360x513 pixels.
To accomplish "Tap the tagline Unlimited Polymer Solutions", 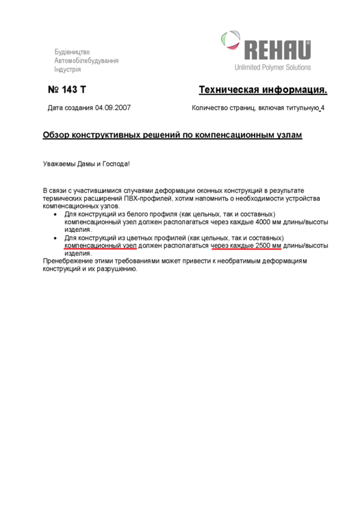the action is click(272, 67).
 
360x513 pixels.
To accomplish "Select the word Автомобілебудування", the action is click(86, 60).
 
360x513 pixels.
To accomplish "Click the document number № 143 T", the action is click(66, 90).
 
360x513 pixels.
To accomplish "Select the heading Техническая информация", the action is click(263, 90).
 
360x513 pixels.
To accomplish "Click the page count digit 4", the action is click(323, 108).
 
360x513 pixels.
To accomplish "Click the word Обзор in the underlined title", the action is click(56, 135).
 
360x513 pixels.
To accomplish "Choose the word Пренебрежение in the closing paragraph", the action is click(68, 261).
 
